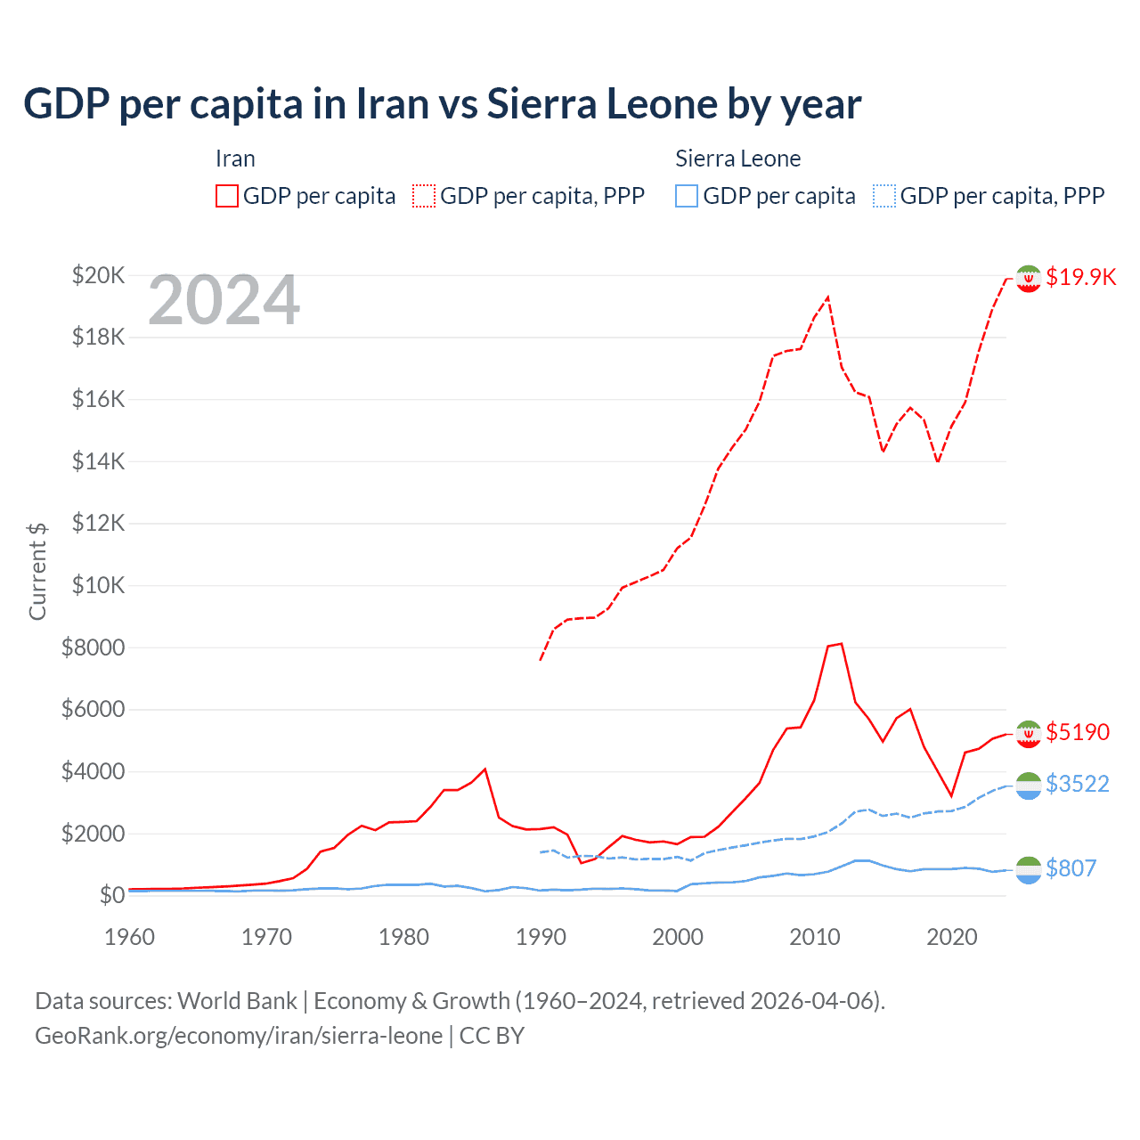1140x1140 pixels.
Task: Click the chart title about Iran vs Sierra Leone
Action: (x=442, y=104)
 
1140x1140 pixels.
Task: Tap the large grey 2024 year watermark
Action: (x=224, y=300)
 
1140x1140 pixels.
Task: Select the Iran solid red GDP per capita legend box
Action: (x=227, y=196)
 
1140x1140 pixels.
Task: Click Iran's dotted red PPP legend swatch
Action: (x=424, y=196)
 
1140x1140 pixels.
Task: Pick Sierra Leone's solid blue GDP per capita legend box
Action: (x=687, y=196)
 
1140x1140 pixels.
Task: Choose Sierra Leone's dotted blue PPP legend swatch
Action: (x=884, y=196)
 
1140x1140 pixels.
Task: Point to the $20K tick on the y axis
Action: (x=98, y=275)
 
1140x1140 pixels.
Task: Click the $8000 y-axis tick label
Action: (x=93, y=647)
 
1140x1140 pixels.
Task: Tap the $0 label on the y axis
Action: (x=111, y=895)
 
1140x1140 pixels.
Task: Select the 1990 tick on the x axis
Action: (x=541, y=937)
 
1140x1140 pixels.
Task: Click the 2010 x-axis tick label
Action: (x=815, y=937)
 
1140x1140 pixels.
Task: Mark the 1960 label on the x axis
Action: (x=130, y=937)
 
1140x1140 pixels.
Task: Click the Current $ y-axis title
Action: (x=37, y=571)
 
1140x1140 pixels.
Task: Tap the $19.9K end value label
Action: (x=1080, y=277)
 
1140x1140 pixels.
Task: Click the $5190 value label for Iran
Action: (x=1078, y=732)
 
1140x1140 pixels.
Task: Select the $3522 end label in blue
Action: (x=1078, y=784)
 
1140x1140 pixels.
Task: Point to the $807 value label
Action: (x=1071, y=868)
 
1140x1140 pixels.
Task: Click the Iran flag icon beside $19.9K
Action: (x=1029, y=279)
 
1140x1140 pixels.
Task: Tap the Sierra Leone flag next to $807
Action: (x=1029, y=870)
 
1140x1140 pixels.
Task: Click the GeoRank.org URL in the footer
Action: (x=239, y=1036)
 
